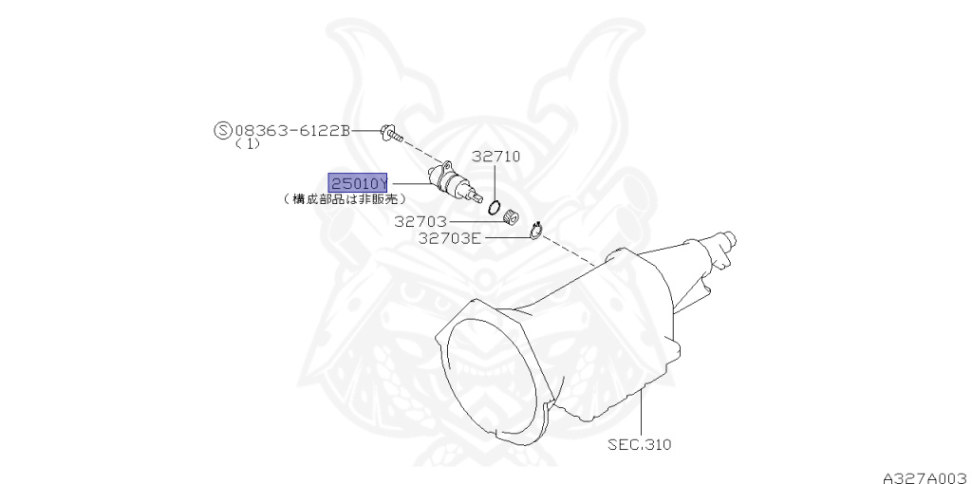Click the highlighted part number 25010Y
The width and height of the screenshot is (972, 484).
358,182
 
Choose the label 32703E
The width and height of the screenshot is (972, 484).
450,238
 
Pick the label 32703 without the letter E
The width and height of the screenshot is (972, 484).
421,222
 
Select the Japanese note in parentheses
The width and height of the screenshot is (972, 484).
345,199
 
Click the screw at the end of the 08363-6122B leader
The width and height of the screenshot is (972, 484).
390,133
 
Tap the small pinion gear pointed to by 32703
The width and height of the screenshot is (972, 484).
513,216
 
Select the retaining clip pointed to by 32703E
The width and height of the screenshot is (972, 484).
536,229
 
